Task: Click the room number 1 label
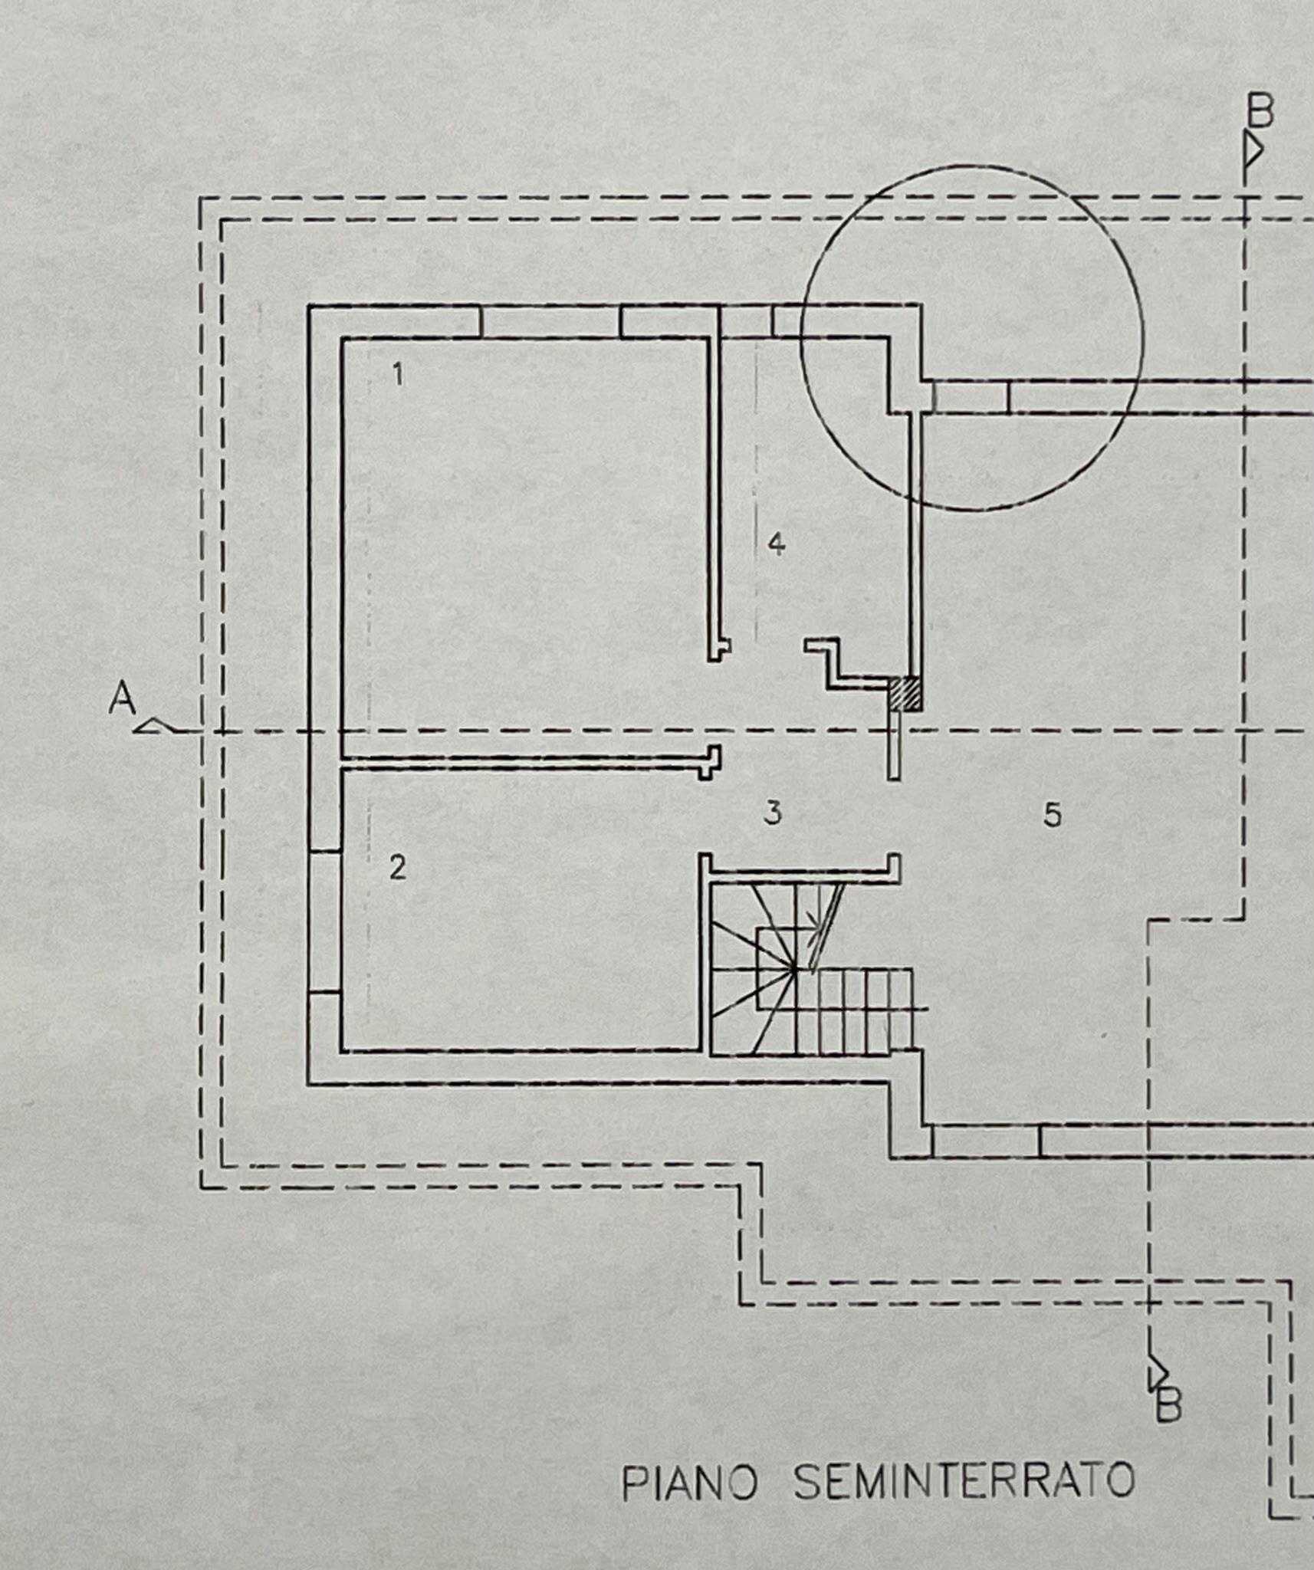point(398,375)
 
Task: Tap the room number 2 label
point(397,869)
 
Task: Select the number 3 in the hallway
point(773,813)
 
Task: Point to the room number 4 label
point(777,544)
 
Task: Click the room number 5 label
point(1053,815)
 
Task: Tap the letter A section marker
point(122,698)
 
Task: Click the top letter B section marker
point(1259,112)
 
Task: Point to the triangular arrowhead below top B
point(1253,152)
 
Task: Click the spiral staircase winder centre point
point(793,969)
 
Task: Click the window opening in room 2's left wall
point(324,922)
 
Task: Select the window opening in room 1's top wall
point(550,321)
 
